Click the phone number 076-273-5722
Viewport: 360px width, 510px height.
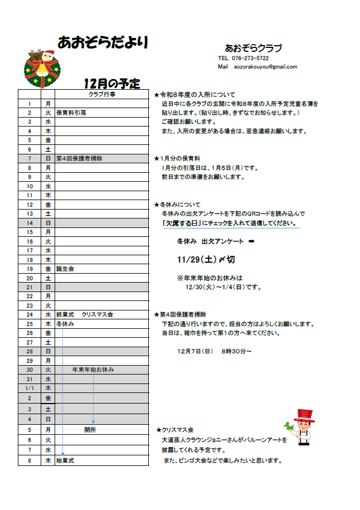pos(250,58)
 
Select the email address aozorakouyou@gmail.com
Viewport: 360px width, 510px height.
pos(265,67)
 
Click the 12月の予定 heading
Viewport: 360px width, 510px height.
pos(111,84)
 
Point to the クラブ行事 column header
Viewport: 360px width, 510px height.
pos(102,94)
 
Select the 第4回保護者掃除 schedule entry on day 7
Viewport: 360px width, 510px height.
pos(79,158)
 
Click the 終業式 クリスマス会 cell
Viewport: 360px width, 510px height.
pos(85,314)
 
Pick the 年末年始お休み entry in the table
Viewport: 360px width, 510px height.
pos(93,370)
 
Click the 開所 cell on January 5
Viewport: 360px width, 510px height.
pos(90,430)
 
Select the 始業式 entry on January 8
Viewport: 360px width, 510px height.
pos(65,461)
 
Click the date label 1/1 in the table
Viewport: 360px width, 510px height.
pos(30,388)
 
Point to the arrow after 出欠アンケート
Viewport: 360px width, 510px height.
pos(251,241)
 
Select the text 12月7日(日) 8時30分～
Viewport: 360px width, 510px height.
pos(215,351)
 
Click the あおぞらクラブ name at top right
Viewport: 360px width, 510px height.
pos(254,48)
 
